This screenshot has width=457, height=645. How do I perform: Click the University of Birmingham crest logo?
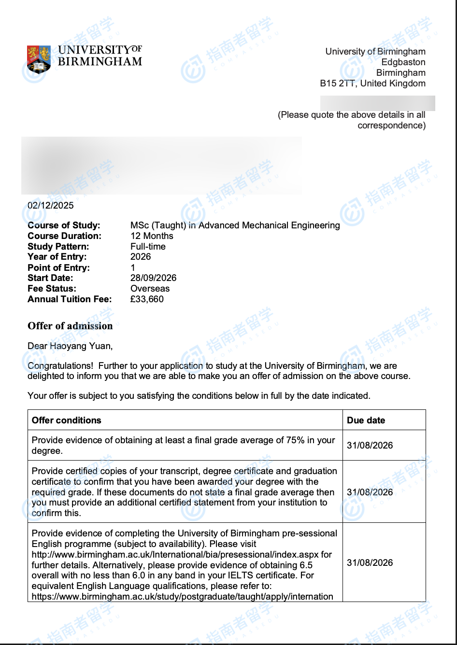point(39,59)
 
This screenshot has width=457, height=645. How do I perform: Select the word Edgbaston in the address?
point(403,62)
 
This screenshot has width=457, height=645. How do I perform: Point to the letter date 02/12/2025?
point(51,205)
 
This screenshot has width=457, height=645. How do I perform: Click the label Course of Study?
point(64,225)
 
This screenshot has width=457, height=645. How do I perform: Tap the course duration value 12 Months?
point(152,236)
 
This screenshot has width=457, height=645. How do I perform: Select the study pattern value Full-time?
point(148,247)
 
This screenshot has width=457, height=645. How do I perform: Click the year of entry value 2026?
point(141,257)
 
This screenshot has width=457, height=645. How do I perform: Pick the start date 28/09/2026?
point(153,278)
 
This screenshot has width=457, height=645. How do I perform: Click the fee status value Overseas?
point(150,289)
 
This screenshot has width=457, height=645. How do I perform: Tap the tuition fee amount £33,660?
point(147,299)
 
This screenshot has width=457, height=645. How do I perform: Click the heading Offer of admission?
point(70,326)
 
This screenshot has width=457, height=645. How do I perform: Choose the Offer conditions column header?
point(67,420)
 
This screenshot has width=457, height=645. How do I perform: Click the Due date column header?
point(366,420)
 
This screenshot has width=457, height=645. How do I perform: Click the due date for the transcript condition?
point(370,492)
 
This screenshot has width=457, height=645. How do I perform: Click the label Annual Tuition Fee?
point(70,299)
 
